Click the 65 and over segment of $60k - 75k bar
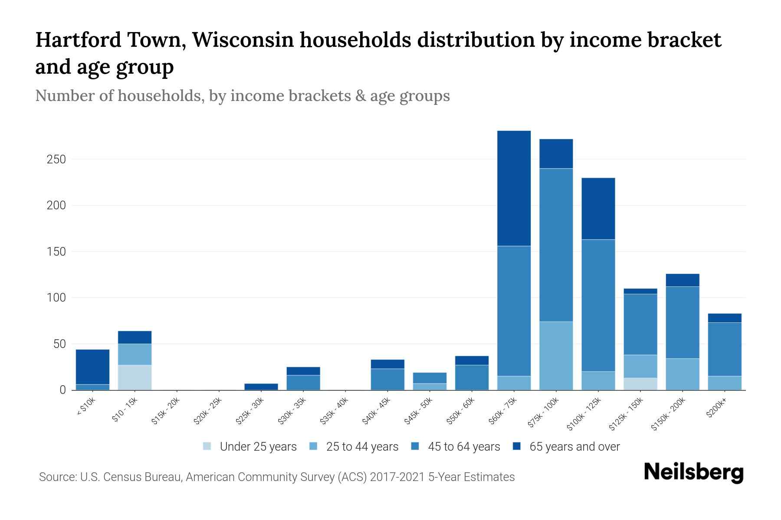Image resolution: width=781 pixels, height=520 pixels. pyautogui.click(x=514, y=188)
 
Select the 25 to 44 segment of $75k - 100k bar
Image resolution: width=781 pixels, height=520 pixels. pyautogui.click(x=556, y=355)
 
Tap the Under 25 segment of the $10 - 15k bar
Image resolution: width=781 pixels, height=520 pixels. pyautogui.click(x=135, y=377)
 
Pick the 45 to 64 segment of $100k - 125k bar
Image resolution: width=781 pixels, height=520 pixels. pyautogui.click(x=598, y=305)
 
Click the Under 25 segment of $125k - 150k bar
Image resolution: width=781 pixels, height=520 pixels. pyautogui.click(x=640, y=384)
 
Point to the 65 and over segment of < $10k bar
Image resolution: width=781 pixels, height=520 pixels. pyautogui.click(x=92, y=367)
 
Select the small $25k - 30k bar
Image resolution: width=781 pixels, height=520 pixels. pyautogui.click(x=261, y=387)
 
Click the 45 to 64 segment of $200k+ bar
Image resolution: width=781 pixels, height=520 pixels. pyautogui.click(x=724, y=349)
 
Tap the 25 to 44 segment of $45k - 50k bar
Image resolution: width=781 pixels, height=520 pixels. pyautogui.click(x=430, y=387)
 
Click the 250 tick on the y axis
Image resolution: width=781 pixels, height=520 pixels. pyautogui.click(x=56, y=159)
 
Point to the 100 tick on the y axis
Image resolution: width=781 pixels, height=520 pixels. pyautogui.click(x=56, y=298)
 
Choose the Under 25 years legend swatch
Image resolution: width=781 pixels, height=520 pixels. pyautogui.click(x=207, y=446)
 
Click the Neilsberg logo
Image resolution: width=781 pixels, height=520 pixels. pyautogui.click(x=693, y=472)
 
